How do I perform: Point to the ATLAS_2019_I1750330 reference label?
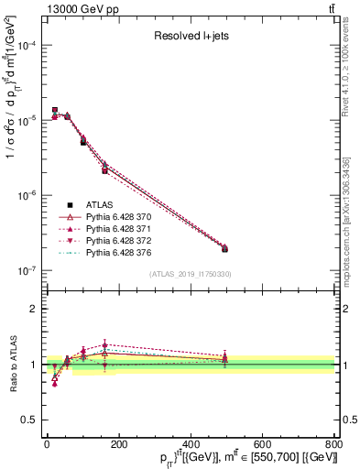tap(191, 274)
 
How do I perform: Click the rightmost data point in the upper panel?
tap(225, 248)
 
